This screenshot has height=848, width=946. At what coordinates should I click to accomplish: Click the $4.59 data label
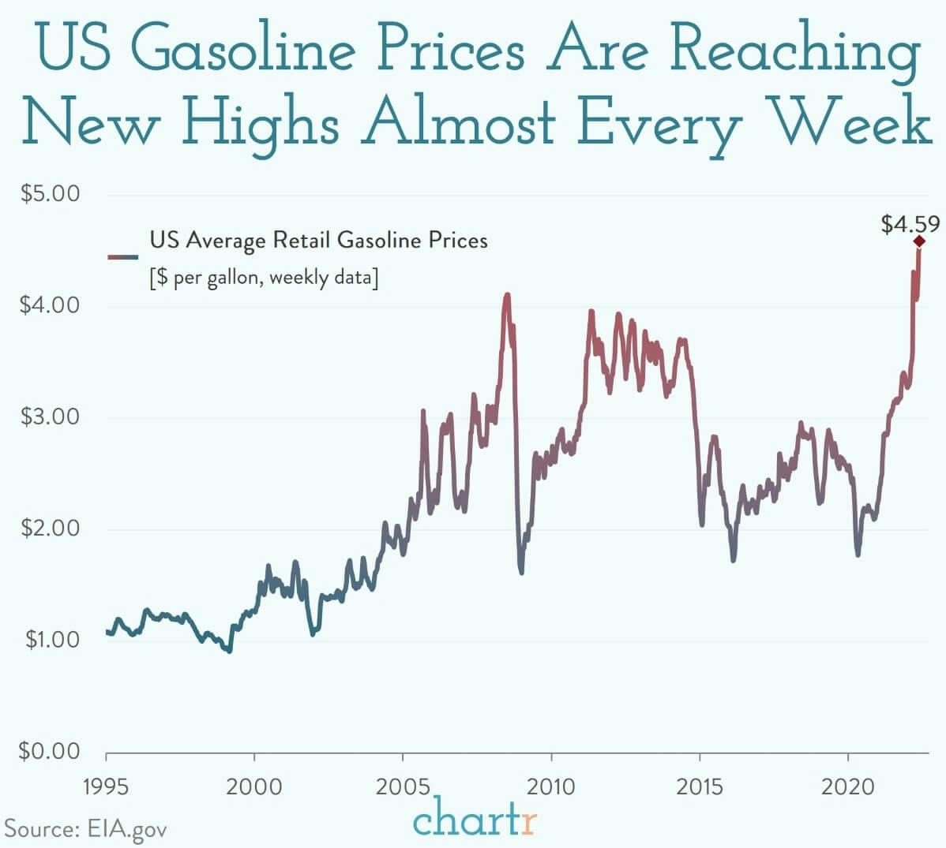point(910,225)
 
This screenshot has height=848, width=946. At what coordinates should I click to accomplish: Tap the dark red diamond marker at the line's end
point(919,241)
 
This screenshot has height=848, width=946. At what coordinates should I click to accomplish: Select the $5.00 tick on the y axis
point(50,194)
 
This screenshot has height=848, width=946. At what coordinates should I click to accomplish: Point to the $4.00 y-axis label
point(50,305)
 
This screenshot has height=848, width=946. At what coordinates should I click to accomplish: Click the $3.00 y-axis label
point(50,417)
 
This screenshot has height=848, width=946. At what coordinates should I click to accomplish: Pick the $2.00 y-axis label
point(50,528)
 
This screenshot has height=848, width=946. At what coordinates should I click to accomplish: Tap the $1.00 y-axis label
point(50,639)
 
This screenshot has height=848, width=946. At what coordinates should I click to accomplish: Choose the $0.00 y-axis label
point(50,751)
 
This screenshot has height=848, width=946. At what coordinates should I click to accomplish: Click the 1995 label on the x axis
point(106,786)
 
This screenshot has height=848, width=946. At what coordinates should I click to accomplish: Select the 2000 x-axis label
point(254,786)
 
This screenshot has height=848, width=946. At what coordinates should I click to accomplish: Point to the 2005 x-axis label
point(403,786)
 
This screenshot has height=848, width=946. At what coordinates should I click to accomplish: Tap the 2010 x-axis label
point(551,786)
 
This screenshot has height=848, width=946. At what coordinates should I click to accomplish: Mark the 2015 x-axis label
point(700,786)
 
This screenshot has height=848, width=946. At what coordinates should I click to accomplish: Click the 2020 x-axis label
point(847,786)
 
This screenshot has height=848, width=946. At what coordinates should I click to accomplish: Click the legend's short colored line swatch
point(122,256)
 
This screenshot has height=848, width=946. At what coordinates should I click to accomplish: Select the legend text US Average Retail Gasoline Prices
point(318,240)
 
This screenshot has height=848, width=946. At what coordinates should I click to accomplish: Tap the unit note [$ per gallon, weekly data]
point(264,278)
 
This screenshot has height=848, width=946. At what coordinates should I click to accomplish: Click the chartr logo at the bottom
point(475,820)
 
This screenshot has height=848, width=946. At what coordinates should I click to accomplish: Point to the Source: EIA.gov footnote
point(86,829)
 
